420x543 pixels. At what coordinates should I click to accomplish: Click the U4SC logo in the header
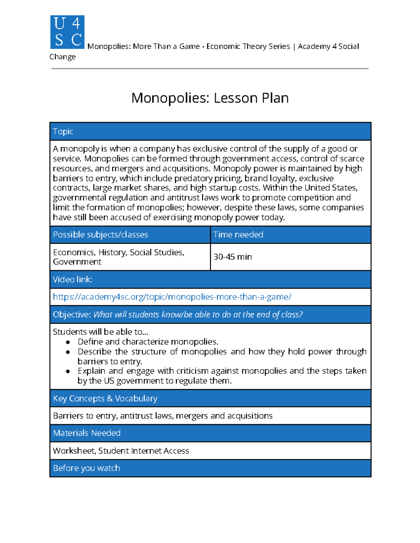(67, 32)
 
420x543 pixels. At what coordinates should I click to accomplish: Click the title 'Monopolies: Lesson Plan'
(210, 98)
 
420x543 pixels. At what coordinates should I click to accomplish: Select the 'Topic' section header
(63, 131)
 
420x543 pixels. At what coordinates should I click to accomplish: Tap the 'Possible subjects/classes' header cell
(100, 235)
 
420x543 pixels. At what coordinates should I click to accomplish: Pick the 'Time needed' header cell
(238, 235)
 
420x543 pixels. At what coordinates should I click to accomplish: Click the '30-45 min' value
(233, 257)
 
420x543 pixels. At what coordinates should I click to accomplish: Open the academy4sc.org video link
(172, 297)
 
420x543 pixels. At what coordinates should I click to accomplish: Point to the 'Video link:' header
(72, 279)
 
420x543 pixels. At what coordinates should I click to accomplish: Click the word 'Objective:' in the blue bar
(72, 315)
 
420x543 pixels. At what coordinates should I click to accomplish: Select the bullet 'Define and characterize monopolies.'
(148, 342)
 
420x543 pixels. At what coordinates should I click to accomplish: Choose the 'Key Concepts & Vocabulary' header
(105, 399)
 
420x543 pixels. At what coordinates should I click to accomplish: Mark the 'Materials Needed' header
(87, 433)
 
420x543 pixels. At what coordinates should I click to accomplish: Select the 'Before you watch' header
(86, 468)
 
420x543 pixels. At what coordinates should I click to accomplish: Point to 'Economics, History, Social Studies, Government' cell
(118, 257)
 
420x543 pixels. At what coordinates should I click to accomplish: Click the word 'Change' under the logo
(63, 57)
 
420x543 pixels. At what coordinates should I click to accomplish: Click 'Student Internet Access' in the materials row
(143, 451)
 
